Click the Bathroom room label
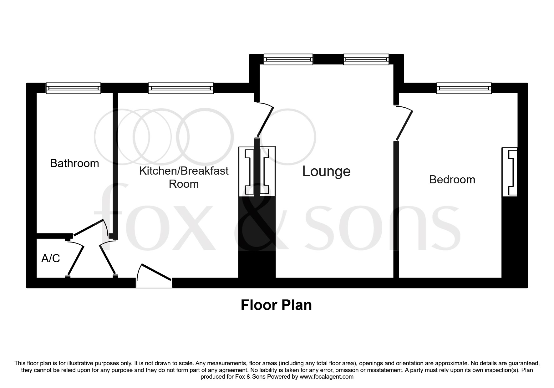click(74, 163)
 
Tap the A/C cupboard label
click(50, 258)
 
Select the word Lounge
click(326, 171)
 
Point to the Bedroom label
click(452, 180)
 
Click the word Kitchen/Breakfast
click(184, 171)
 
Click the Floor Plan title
click(276, 305)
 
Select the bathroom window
click(73, 88)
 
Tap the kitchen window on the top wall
click(181, 88)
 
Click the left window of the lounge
click(288, 59)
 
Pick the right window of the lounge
click(366, 59)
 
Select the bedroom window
click(464, 88)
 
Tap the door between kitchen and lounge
click(265, 120)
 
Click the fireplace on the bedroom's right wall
click(510, 172)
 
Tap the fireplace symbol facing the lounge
click(268, 172)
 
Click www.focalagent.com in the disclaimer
click(326, 377)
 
